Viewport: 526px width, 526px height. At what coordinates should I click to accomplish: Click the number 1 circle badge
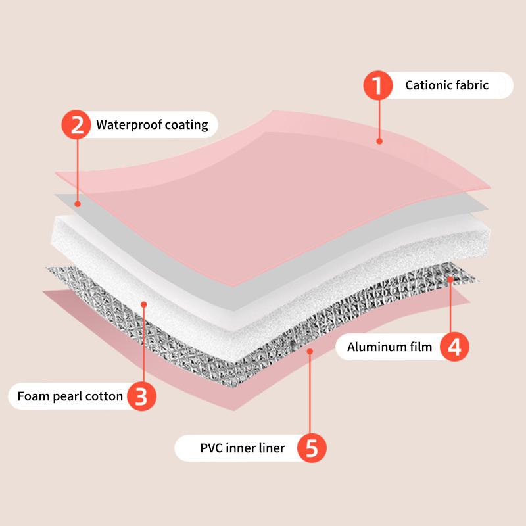coord(377,85)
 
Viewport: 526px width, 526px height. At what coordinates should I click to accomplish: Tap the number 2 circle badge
coord(76,125)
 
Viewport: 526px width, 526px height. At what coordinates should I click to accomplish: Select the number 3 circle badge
coord(141,396)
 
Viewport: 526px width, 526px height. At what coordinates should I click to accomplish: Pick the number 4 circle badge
coord(454,347)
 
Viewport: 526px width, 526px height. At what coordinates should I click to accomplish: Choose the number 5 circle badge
coord(312,448)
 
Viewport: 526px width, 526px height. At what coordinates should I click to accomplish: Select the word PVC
coord(211,448)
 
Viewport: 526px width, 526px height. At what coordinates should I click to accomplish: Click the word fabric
coord(472,85)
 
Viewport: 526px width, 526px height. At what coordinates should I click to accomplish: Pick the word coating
coord(187,125)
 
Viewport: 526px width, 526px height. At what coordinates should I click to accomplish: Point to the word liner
coord(272,448)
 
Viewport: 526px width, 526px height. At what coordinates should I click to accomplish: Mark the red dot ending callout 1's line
coord(379,141)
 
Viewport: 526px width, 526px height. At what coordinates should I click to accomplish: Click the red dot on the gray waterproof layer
coord(78,204)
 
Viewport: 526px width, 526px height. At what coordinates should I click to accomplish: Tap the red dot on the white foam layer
coord(144,304)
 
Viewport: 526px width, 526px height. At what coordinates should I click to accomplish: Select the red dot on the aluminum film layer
coord(450,279)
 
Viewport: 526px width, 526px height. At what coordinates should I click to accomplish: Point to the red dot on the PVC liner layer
coord(310,351)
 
